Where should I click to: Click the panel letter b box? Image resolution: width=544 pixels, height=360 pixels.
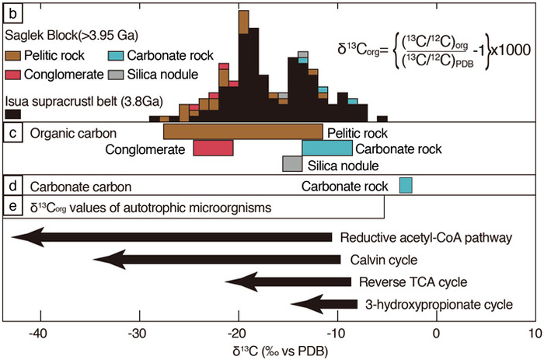point(12,12)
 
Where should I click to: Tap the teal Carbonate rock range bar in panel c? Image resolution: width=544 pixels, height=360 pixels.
point(326,148)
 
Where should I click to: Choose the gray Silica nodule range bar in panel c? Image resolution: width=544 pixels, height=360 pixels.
point(292,164)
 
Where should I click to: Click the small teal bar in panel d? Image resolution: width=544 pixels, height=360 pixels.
point(405,186)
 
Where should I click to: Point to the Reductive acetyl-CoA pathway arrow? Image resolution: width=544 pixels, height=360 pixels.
point(171,237)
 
